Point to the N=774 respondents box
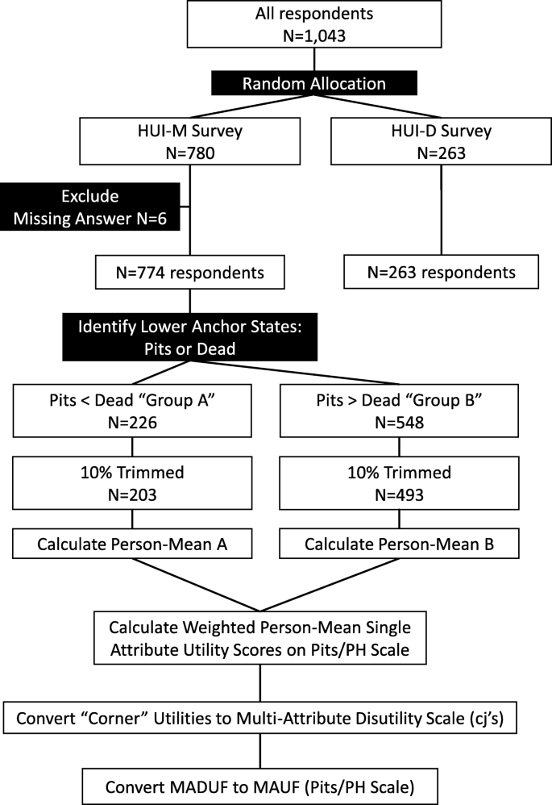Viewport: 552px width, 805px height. pyautogui.click(x=189, y=272)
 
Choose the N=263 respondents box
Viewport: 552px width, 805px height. pyautogui.click(x=441, y=272)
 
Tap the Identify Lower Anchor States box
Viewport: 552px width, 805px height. pyautogui.click(x=189, y=337)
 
